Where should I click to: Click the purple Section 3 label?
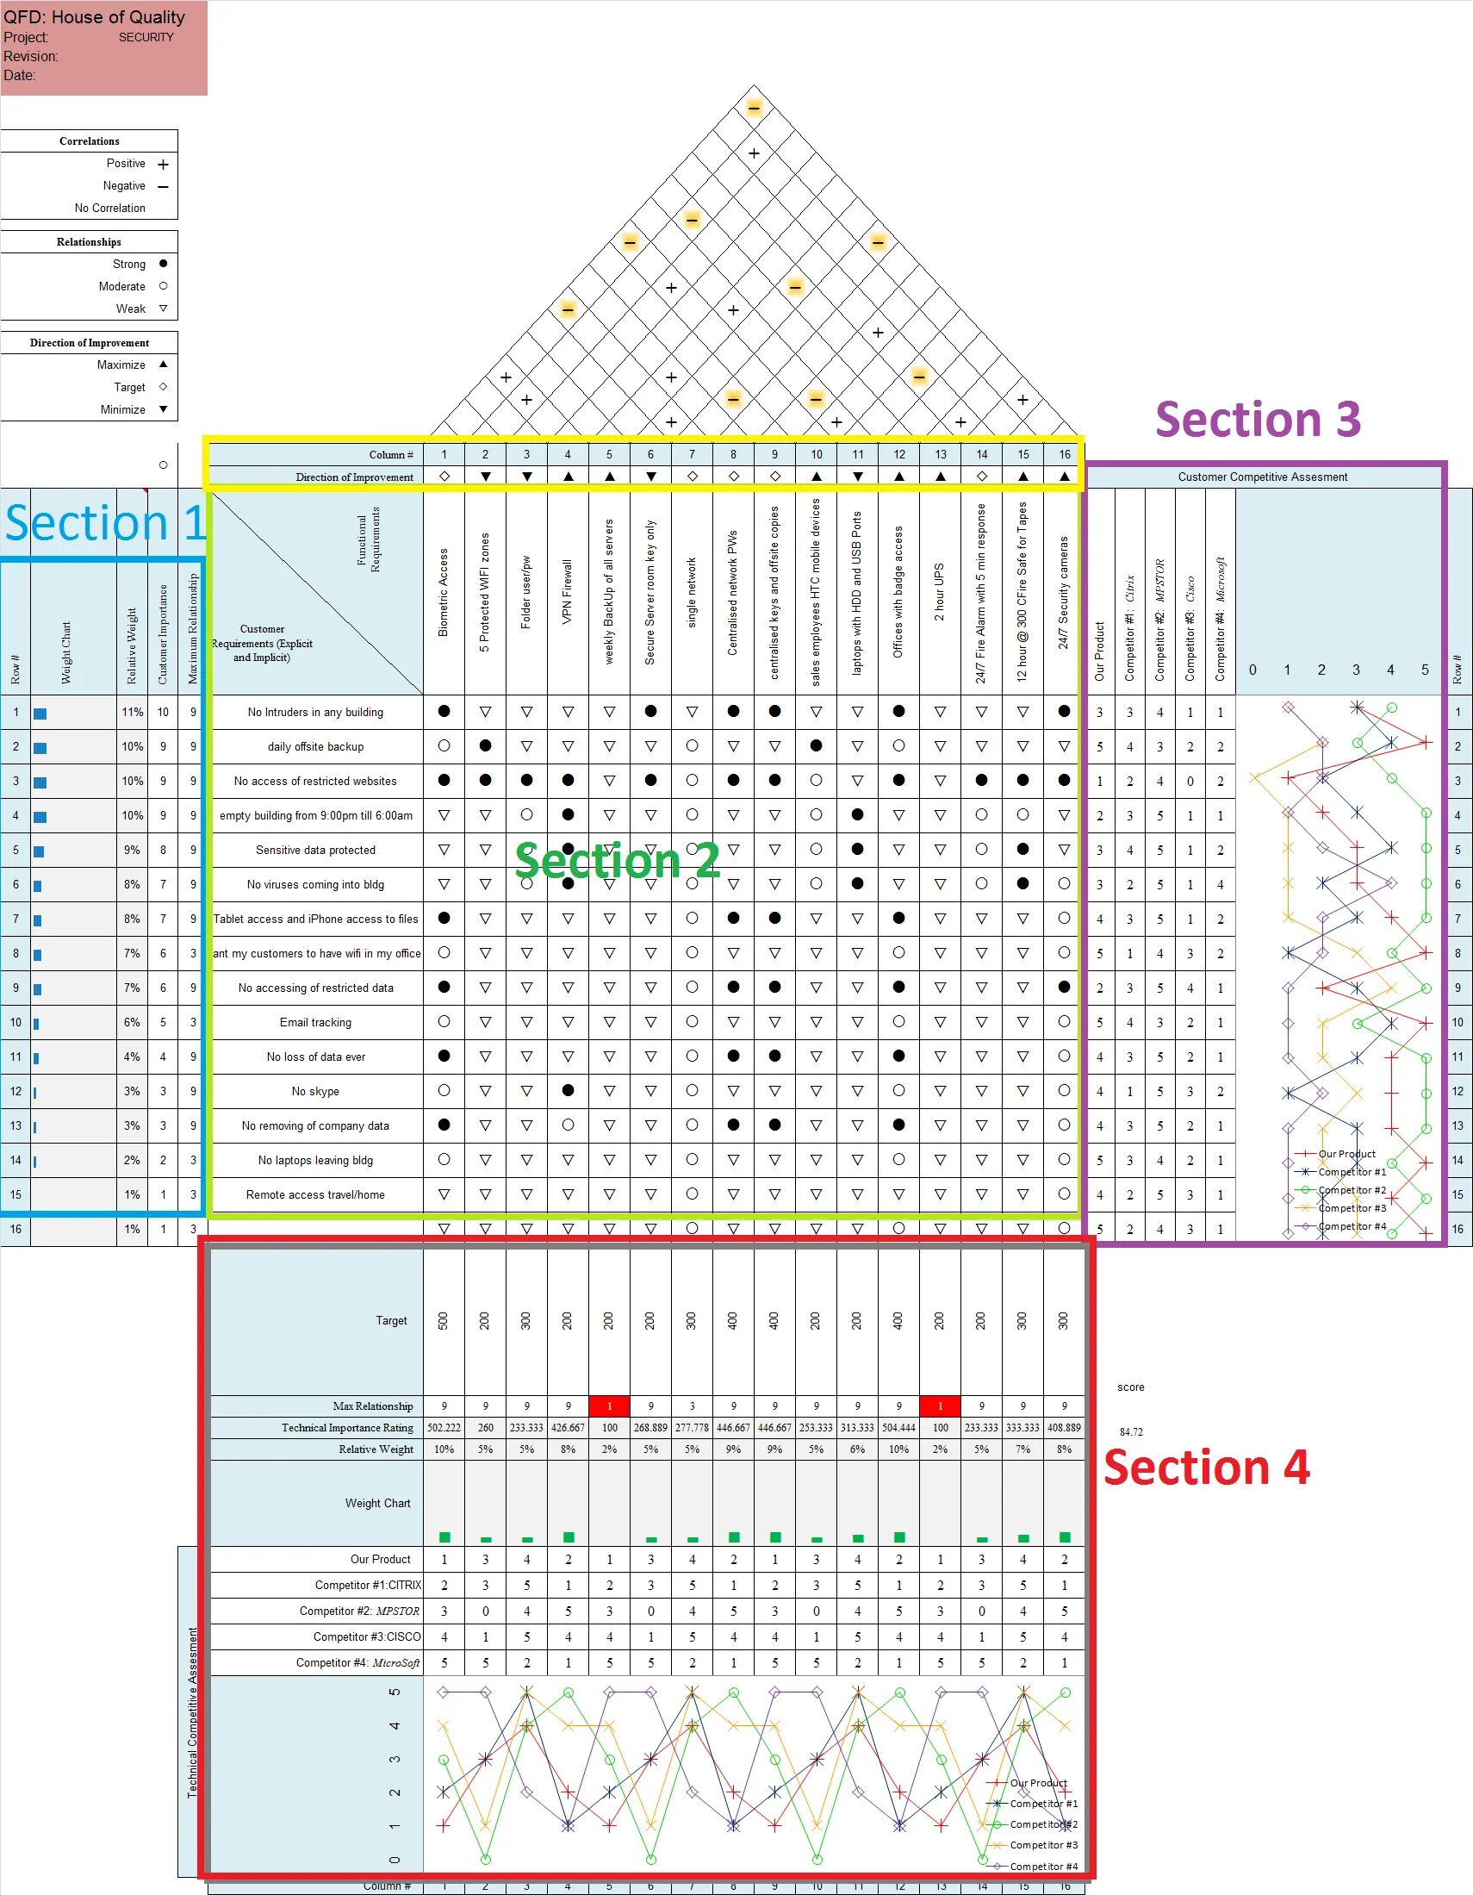1257,420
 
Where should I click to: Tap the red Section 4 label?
1206,1468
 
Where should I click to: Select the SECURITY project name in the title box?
146,37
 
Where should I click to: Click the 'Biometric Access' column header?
444,593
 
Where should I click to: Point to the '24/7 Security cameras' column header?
1064,593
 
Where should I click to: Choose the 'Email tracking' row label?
316,1022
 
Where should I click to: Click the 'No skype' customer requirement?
316,1092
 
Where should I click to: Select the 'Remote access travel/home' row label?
316,1194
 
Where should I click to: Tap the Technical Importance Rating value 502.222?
444,1427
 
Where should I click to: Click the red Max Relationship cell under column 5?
609,1406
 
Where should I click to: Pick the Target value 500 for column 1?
444,1320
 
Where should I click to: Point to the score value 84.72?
1131,1431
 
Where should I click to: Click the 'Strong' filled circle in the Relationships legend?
163,264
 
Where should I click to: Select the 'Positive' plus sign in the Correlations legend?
163,164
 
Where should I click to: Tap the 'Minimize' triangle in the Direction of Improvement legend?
163,409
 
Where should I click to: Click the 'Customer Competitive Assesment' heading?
1262,477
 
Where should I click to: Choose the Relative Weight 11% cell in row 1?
132,713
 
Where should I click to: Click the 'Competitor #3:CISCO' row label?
367,1636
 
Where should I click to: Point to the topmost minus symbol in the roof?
754,109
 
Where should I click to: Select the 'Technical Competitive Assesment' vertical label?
193,1712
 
